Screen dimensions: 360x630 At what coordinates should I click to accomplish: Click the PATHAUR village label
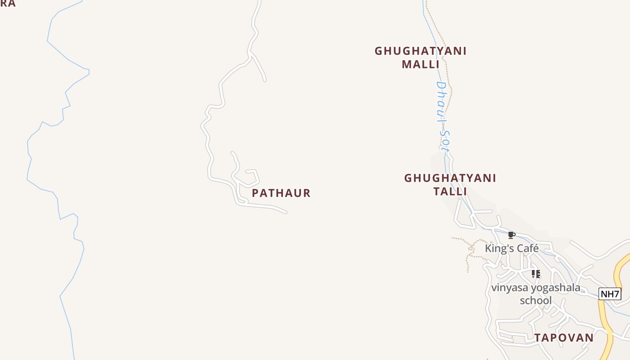281,193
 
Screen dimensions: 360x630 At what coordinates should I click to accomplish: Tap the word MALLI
420,64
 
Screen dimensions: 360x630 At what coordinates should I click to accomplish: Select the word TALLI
450,191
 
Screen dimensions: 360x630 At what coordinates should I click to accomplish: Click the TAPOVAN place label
564,337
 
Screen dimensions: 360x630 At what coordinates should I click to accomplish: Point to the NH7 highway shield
610,294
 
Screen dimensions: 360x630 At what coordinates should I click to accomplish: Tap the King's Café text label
512,248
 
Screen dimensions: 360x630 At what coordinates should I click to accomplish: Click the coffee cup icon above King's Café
511,235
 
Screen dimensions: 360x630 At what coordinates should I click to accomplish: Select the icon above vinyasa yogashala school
535,274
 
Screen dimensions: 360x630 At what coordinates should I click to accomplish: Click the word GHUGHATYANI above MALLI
420,51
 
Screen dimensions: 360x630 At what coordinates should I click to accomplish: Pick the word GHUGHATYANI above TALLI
450,178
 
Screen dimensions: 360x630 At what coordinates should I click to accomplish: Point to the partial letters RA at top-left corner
8,4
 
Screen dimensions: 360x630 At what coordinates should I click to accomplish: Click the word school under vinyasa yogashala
535,300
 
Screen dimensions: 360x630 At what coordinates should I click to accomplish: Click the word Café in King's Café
527,248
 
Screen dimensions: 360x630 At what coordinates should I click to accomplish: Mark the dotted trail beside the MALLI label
446,67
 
